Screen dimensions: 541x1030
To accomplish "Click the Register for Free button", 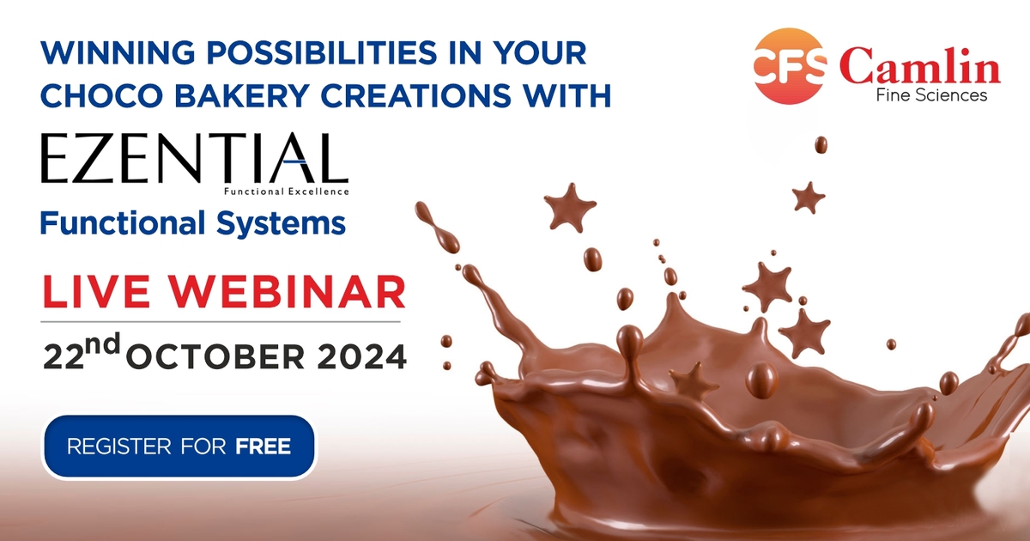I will [x=179, y=447].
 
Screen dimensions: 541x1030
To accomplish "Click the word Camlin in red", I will [x=919, y=65].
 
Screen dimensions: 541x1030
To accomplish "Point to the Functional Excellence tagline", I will [x=286, y=191].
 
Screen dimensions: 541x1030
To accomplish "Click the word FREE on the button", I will [x=264, y=447].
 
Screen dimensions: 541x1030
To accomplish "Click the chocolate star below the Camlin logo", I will [x=809, y=197].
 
